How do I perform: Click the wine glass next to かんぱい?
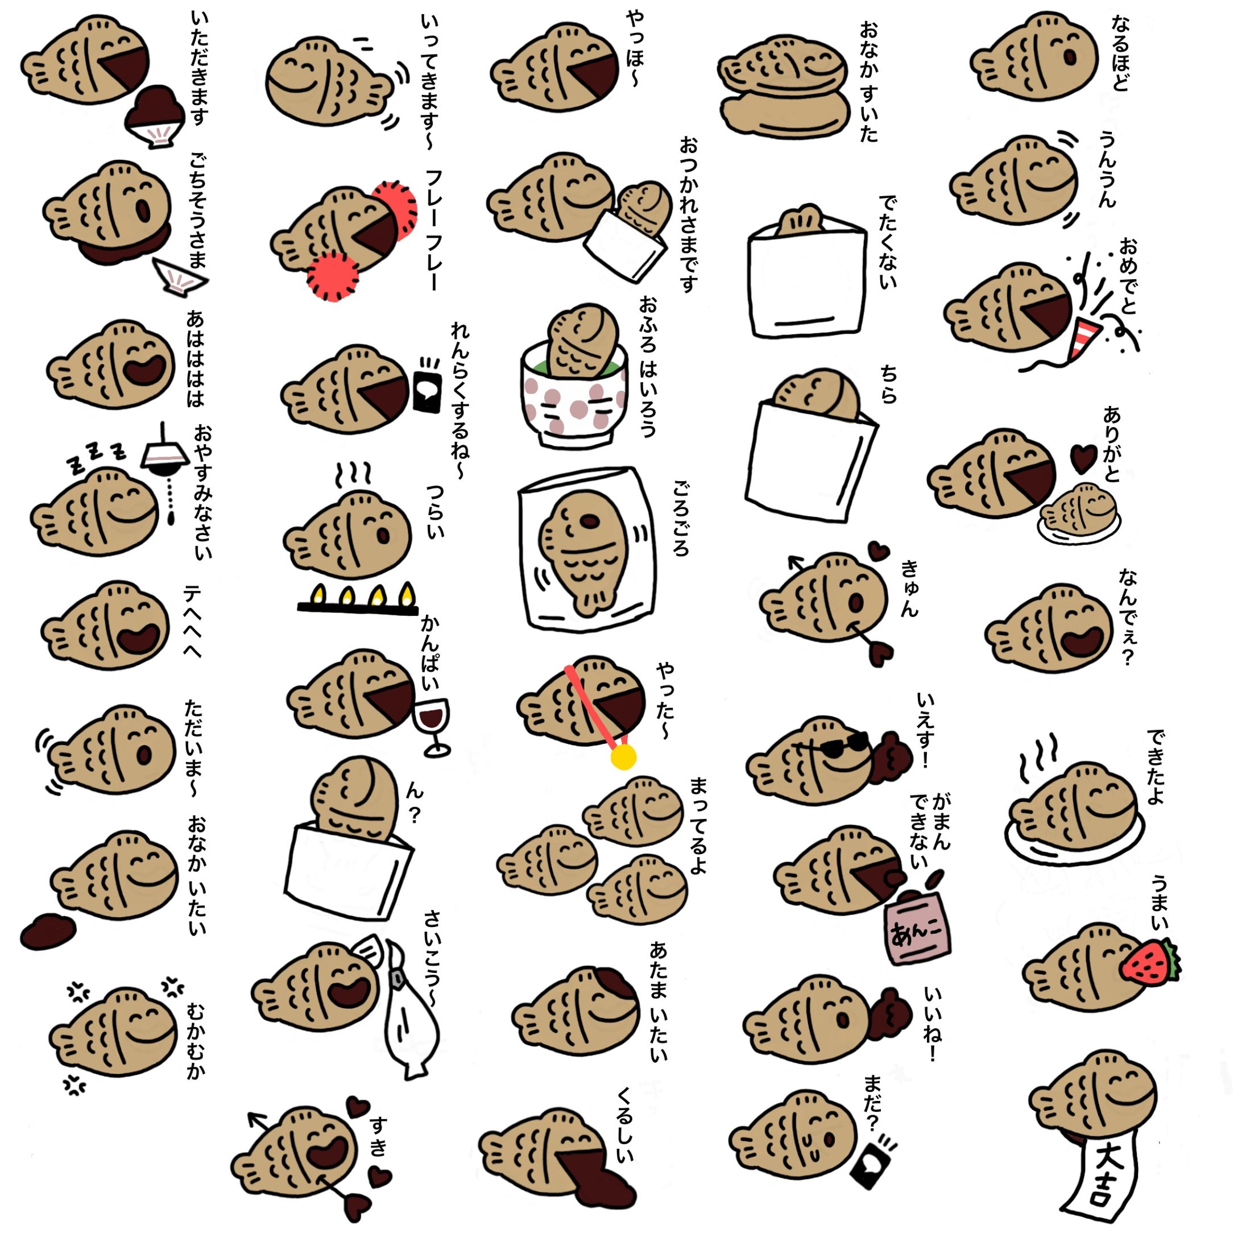(433, 726)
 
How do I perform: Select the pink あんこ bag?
(917, 926)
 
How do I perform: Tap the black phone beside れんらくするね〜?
(428, 384)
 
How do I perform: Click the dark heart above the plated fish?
(1084, 457)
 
